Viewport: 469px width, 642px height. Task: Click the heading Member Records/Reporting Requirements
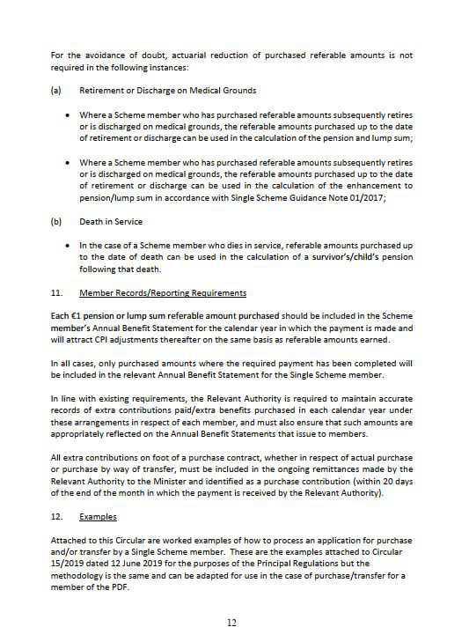point(163,292)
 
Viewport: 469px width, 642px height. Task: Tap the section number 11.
point(57,292)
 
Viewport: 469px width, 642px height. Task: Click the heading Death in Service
point(110,222)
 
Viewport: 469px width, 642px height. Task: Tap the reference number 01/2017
point(352,199)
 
